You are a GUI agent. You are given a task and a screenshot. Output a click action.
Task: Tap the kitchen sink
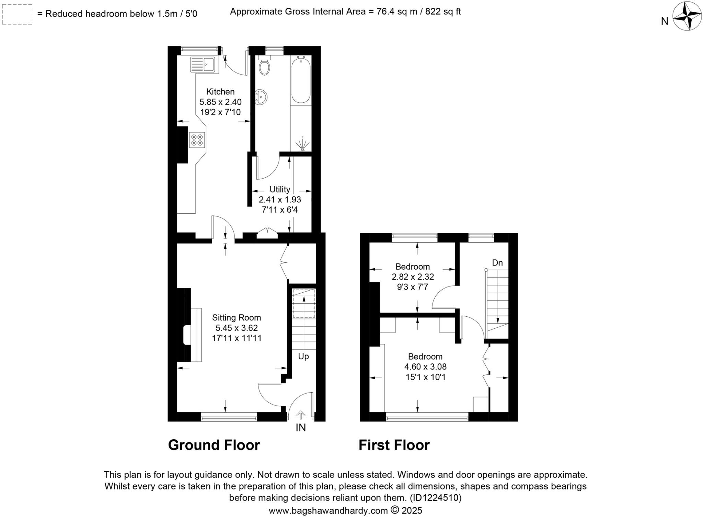pyautogui.click(x=203, y=64)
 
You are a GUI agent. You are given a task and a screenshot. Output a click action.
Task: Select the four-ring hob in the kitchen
pyautogui.click(x=197, y=140)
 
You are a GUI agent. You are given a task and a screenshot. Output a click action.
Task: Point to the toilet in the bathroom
pyautogui.click(x=264, y=66)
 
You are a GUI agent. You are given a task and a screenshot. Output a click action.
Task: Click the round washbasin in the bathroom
pyautogui.click(x=261, y=97)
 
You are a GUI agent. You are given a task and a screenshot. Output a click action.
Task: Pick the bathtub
pyautogui.click(x=301, y=81)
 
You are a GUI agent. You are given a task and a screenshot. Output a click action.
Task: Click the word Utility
pyautogui.click(x=280, y=189)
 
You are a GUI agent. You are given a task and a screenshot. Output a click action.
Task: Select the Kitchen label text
pyautogui.click(x=220, y=92)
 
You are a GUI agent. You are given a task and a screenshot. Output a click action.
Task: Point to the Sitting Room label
pyautogui.click(x=237, y=318)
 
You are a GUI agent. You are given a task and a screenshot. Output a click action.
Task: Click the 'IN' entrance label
pyautogui.click(x=301, y=428)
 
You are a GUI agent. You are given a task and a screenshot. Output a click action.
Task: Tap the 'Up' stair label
pyautogui.click(x=303, y=357)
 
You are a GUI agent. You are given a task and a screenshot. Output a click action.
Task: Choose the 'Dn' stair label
pyautogui.click(x=497, y=263)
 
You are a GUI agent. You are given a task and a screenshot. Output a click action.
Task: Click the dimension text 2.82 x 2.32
pyautogui.click(x=413, y=277)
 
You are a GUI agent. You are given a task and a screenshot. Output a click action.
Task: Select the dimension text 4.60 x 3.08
pyautogui.click(x=426, y=367)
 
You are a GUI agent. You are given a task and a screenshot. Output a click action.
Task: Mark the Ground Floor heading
pyautogui.click(x=214, y=445)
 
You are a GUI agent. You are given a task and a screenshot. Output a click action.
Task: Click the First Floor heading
pyautogui.click(x=394, y=445)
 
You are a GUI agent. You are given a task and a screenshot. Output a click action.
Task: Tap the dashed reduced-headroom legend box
pyautogui.click(x=17, y=14)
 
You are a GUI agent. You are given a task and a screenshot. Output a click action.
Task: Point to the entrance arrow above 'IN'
pyautogui.click(x=301, y=415)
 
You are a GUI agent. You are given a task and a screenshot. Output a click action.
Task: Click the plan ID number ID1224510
pyautogui.click(x=435, y=498)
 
